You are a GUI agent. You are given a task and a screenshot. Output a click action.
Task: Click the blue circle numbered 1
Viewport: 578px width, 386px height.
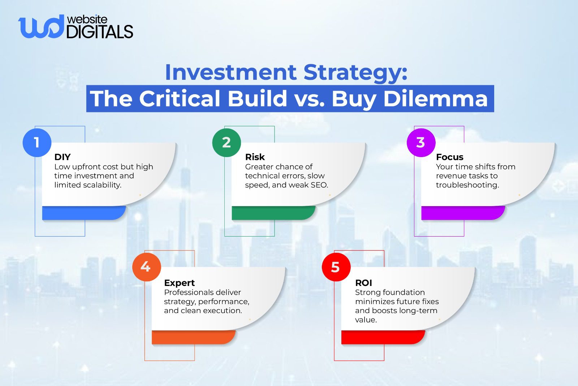(37, 142)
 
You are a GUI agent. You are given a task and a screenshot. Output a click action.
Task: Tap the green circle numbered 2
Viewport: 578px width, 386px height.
(227, 142)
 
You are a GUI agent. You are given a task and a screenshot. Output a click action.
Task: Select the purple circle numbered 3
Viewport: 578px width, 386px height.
(421, 142)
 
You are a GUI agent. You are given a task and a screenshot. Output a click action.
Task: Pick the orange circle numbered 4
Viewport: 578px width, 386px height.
(146, 267)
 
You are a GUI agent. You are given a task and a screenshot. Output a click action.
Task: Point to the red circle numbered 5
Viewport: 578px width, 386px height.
(336, 267)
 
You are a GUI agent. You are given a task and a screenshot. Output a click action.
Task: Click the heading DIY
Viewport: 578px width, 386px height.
(62, 157)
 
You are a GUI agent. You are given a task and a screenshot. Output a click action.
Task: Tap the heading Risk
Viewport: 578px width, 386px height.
(255, 157)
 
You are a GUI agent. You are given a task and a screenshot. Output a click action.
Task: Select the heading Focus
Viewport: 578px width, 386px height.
(449, 157)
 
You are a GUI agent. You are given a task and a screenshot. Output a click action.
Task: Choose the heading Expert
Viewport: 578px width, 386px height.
(179, 283)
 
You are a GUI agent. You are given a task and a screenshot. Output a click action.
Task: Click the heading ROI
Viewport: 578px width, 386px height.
(363, 283)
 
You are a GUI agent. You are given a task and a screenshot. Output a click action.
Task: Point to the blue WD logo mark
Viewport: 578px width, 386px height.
(40, 27)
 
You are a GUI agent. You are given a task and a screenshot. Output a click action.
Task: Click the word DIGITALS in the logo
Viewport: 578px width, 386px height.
(100, 32)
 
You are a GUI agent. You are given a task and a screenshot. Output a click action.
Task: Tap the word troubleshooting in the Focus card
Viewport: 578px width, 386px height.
(467, 185)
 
